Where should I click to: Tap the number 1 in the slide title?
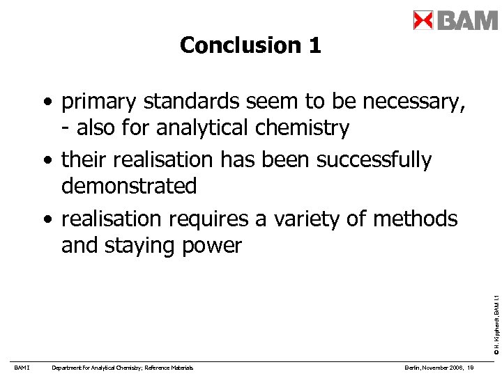tap(313, 45)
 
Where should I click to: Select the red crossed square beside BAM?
tap(423, 20)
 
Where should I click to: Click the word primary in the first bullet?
tap(99, 102)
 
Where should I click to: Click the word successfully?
tap(374, 160)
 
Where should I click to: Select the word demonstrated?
tap(129, 186)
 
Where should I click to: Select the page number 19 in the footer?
tap(471, 368)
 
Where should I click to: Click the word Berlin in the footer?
tap(413, 368)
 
